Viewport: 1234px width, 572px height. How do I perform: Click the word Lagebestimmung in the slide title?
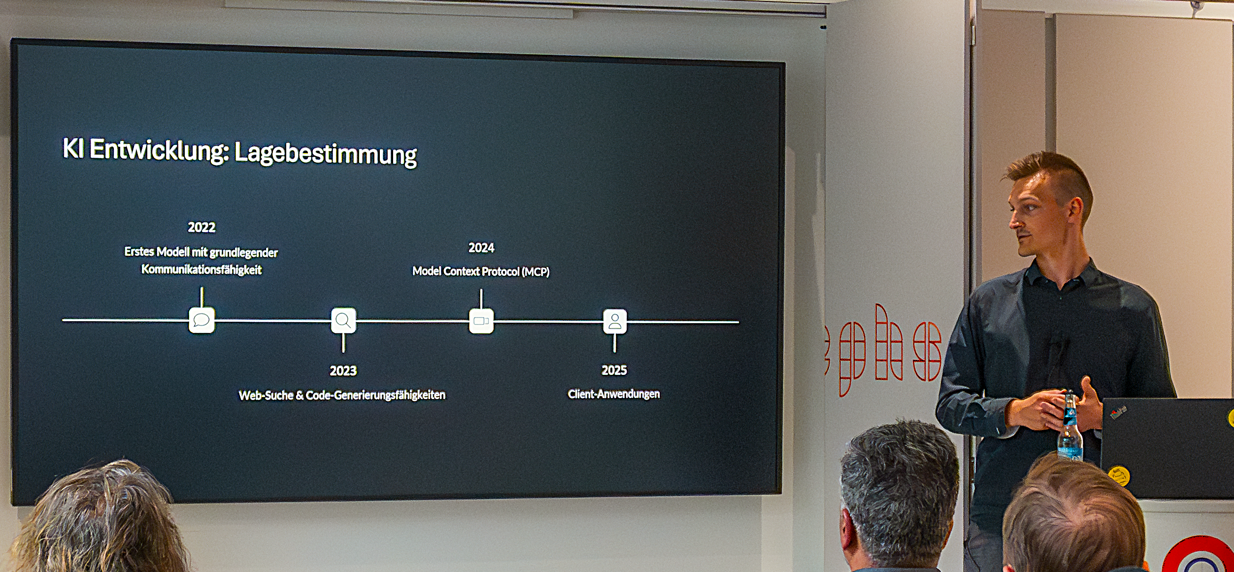point(326,153)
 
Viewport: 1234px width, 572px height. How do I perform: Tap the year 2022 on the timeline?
point(201,227)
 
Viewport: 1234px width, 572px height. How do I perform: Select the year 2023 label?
point(343,370)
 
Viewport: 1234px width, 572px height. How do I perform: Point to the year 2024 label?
point(481,248)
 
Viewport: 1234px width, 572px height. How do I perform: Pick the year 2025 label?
point(614,370)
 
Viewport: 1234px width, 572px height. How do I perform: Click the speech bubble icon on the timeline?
point(201,320)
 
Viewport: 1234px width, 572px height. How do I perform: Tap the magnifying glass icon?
point(343,321)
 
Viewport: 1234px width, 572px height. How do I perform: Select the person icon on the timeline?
point(614,322)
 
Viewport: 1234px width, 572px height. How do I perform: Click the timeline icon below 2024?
point(481,321)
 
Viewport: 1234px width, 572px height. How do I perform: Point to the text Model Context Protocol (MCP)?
point(481,271)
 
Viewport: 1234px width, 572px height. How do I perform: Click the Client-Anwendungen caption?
point(613,394)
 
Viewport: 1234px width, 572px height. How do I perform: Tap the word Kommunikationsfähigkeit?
point(201,269)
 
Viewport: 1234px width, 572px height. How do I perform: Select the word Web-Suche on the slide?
point(266,395)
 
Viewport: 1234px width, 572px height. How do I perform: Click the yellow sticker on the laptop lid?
point(1119,475)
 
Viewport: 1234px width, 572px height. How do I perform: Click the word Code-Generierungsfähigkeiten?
point(375,395)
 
